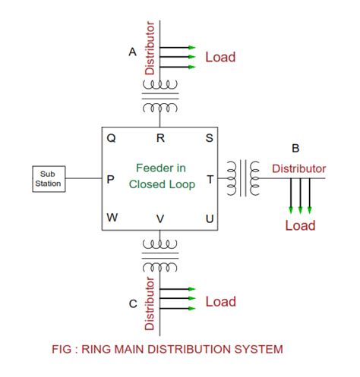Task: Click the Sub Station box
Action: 48,179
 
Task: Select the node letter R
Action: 160,138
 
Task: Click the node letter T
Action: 210,179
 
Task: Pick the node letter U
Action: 210,218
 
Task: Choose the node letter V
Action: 160,218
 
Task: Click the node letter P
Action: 111,179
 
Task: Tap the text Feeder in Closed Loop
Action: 161,175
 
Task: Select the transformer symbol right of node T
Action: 245,178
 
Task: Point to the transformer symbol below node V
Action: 160,256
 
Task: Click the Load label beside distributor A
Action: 220,57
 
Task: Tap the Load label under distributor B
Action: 299,225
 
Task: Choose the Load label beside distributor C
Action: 220,302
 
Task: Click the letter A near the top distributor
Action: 132,52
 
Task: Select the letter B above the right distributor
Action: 295,148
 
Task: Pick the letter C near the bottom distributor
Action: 132,303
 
